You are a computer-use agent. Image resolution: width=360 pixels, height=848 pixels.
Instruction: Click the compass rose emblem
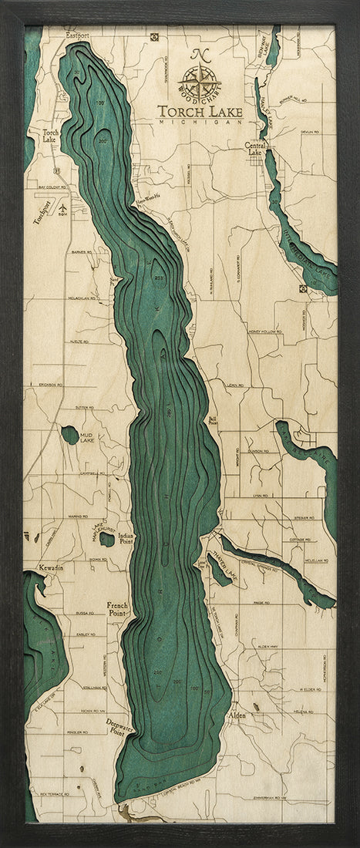coord(199,79)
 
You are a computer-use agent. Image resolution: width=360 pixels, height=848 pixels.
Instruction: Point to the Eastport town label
coord(77,35)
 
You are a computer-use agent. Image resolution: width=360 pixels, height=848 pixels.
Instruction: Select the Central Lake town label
coord(254,148)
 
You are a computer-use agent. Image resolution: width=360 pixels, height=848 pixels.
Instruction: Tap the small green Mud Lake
coord(70,435)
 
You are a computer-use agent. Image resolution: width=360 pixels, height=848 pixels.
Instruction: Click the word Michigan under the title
coord(200,122)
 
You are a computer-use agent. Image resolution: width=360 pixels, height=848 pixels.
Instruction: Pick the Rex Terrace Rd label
coord(55,792)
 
